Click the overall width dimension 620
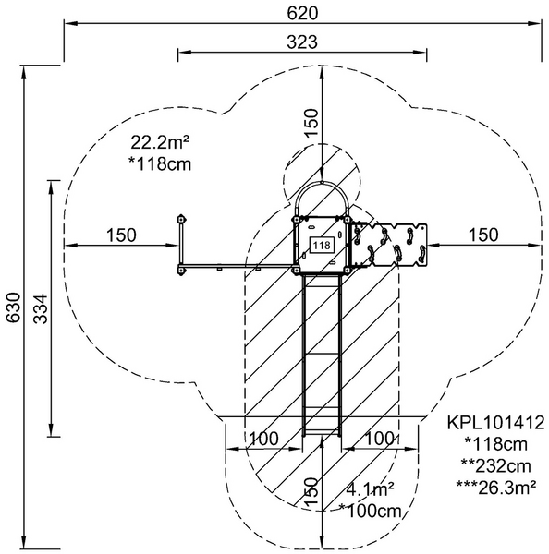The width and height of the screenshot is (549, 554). [x=302, y=14]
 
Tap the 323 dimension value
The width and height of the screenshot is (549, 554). [x=302, y=42]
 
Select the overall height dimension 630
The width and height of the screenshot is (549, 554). [x=14, y=307]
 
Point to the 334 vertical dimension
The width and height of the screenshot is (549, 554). [x=41, y=308]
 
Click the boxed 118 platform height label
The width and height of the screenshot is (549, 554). [x=322, y=245]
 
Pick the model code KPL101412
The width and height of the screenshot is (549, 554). [x=495, y=423]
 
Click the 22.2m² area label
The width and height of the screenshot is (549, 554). [x=160, y=142]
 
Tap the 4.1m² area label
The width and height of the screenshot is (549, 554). [x=370, y=489]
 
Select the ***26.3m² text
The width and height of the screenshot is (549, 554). [x=496, y=488]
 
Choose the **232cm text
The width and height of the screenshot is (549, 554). [x=496, y=466]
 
